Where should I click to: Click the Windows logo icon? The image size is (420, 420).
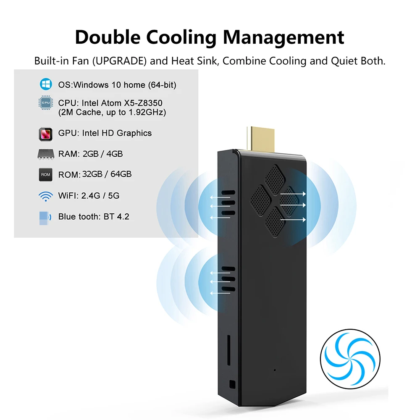tap(45, 84)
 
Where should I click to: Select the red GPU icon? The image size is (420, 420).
tap(45, 134)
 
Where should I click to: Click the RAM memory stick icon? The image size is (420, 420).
tap(45, 154)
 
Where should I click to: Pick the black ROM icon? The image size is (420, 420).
tap(45, 174)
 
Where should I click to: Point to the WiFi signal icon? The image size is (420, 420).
tap(45, 196)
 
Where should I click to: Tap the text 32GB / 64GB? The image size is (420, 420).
tap(107, 174)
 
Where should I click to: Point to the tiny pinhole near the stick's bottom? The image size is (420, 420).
tap(275, 370)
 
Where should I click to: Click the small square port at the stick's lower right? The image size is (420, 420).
tap(233, 384)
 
